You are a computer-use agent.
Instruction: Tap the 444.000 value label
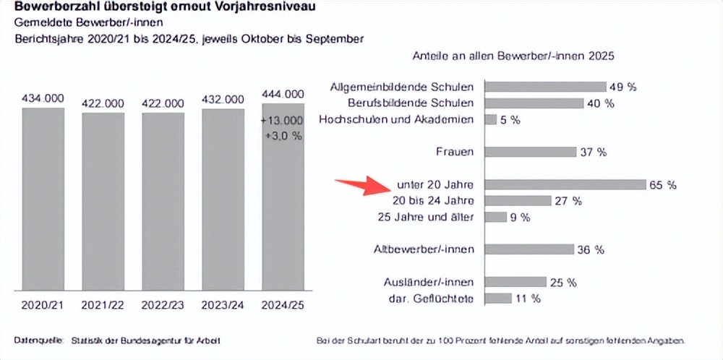tap(283, 94)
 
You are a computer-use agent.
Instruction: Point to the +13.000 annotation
tap(282, 120)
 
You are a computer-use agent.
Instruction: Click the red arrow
tap(362, 186)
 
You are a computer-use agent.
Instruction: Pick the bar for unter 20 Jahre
tap(565, 184)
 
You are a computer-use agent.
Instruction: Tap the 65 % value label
tap(663, 185)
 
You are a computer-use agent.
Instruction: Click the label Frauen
tap(455, 152)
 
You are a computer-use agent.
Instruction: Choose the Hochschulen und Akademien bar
tap(490, 119)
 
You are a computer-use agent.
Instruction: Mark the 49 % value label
tap(623, 87)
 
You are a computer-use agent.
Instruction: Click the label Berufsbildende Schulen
tap(411, 103)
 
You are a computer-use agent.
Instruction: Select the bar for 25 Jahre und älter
tap(495, 217)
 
